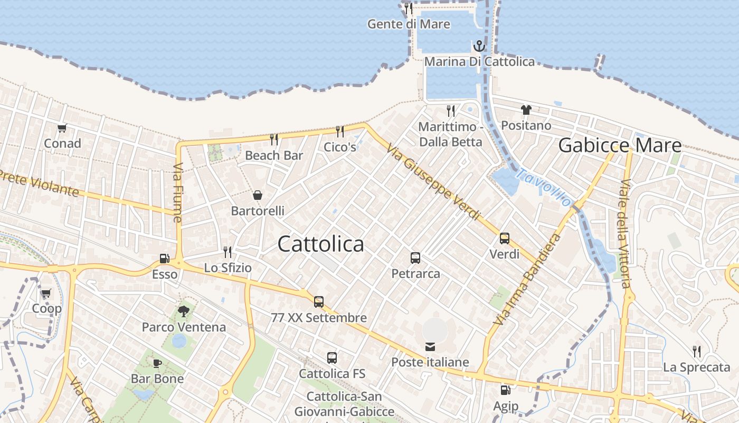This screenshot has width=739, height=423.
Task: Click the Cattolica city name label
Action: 320,244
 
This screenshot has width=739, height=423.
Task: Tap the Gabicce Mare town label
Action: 620,145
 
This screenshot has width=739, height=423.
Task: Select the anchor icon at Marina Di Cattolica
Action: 479,46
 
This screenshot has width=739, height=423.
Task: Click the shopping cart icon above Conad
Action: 62,128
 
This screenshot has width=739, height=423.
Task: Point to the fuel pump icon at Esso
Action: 165,259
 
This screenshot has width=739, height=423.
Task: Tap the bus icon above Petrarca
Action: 415,258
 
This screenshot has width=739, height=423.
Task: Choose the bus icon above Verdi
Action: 505,238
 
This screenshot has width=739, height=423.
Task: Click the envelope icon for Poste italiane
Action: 430,347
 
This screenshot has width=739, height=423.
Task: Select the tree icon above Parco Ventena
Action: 184,311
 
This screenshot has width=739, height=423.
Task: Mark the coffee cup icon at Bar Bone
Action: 157,363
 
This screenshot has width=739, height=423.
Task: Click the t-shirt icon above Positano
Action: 526,110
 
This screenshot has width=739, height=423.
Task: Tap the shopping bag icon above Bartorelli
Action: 258,195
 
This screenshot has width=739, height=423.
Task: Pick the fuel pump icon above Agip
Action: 505,391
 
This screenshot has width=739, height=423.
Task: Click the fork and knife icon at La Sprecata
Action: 697,351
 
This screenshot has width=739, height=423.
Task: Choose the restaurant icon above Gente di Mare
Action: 408,8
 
